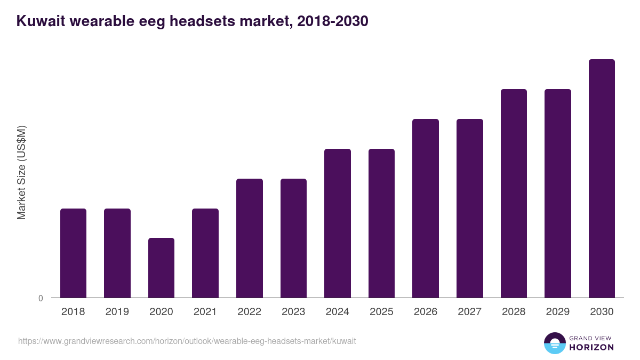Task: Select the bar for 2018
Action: pyautogui.click(x=73, y=253)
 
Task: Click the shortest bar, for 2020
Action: pyautogui.click(x=161, y=268)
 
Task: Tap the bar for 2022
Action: pyautogui.click(x=250, y=238)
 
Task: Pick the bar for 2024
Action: pyautogui.click(x=338, y=223)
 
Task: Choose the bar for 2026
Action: pyautogui.click(x=426, y=208)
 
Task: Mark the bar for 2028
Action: pyautogui.click(x=514, y=193)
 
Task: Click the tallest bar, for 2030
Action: pyautogui.click(x=602, y=178)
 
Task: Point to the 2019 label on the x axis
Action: pyautogui.click(x=117, y=312)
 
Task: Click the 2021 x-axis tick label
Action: pyautogui.click(x=205, y=312)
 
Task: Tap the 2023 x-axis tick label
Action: pyautogui.click(x=293, y=312)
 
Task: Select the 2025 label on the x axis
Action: pyautogui.click(x=381, y=312)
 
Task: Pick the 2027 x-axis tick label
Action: pyautogui.click(x=469, y=312)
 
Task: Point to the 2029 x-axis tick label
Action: pyautogui.click(x=557, y=312)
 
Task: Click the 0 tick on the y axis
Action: pyautogui.click(x=41, y=298)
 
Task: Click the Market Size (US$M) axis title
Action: pyautogui.click(x=21, y=172)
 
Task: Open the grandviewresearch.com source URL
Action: pyautogui.click(x=187, y=341)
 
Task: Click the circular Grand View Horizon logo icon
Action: pyautogui.click(x=555, y=343)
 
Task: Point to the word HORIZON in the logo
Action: pyautogui.click(x=591, y=347)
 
